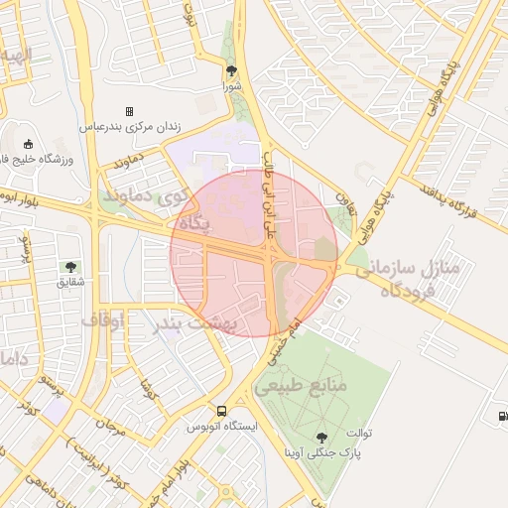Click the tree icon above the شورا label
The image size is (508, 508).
(x=232, y=70)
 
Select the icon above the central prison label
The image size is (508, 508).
(x=128, y=111)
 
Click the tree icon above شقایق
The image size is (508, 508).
(x=70, y=266)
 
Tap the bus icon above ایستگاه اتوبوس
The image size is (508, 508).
(x=221, y=411)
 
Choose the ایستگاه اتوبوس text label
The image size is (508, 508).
(x=222, y=427)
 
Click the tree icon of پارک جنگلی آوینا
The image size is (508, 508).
(x=320, y=437)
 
